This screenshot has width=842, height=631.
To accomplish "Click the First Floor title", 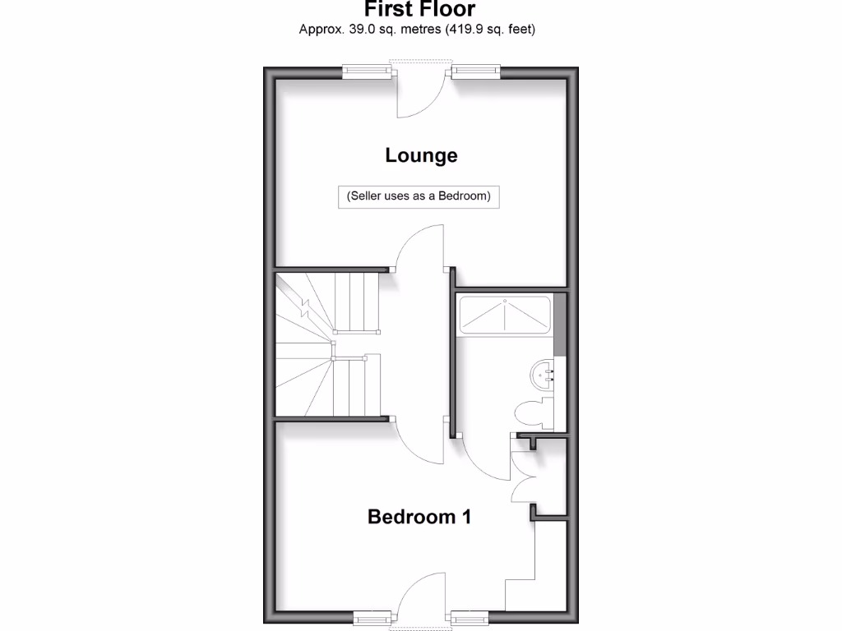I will point(420,10).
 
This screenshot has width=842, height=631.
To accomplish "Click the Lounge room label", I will point(421,155).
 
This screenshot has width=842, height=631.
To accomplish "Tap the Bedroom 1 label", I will point(419,517).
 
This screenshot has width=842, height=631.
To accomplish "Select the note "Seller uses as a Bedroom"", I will point(419,197).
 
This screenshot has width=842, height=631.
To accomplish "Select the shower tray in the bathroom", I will point(503,315).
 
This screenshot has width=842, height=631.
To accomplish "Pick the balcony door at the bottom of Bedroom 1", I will point(421,595).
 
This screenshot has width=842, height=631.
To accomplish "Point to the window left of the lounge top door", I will point(368,72).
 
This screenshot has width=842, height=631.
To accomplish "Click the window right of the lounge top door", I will point(475,72).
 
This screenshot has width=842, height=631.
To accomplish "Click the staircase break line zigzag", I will point(306,309).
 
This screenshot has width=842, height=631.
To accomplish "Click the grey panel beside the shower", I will point(560,324).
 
